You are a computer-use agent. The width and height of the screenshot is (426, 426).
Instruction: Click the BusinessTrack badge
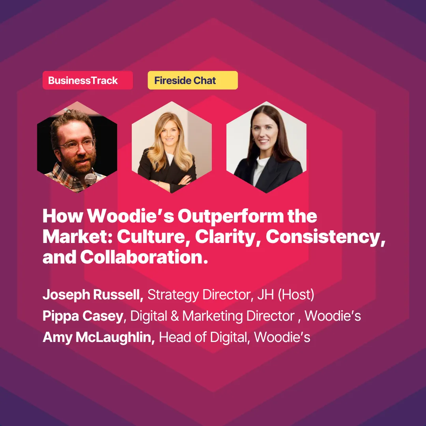[x=88, y=80]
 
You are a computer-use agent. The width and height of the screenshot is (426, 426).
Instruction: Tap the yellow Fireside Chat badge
[x=192, y=80]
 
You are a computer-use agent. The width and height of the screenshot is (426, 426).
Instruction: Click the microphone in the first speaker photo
[x=90, y=179]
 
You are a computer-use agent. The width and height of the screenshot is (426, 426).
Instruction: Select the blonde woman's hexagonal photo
[x=172, y=147]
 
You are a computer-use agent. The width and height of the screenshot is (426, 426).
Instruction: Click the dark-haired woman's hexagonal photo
[x=266, y=147]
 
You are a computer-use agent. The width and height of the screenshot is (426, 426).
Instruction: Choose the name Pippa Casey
[x=83, y=316]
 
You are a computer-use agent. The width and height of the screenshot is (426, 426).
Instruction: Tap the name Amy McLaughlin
[x=99, y=337]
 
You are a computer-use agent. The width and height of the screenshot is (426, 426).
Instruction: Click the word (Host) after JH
[x=296, y=295]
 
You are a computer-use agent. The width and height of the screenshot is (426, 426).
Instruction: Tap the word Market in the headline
[x=77, y=237]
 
